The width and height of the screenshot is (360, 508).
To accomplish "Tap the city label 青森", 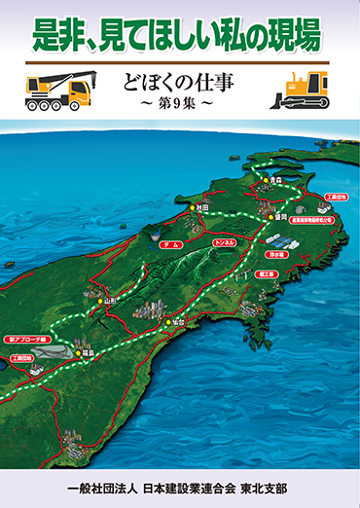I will (x=275, y=180).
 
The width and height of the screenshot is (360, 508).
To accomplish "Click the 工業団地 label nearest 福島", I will (x=21, y=358).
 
